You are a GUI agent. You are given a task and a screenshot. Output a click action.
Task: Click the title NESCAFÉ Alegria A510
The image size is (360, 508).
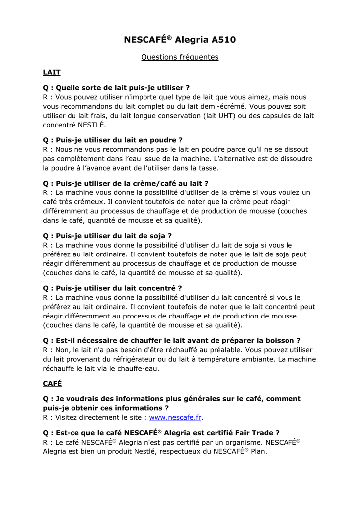pos(180,39)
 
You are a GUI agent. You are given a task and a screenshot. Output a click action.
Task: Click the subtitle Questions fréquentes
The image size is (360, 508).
pos(180,57)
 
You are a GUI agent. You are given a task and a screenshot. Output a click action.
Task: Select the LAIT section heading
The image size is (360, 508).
pos(52,72)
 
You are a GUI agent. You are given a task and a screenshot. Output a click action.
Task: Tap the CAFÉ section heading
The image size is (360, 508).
pos(52,383)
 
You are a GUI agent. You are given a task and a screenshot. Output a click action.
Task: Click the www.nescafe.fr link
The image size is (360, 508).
pos(175,417)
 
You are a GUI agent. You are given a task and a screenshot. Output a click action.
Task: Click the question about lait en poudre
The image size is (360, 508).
pos(113,140)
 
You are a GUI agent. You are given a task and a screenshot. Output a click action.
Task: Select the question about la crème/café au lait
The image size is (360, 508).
pos(125,183)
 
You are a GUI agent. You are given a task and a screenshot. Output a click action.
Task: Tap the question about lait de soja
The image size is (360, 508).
pos(107,236)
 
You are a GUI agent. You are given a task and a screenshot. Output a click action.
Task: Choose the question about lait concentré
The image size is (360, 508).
pos(112,288)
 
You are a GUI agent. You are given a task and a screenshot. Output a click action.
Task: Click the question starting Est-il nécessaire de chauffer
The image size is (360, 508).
pos(172,341)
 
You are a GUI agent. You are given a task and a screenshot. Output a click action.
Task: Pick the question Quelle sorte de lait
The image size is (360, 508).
pos(116,88)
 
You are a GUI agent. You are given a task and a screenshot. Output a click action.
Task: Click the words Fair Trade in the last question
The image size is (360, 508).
pos(257,433)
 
